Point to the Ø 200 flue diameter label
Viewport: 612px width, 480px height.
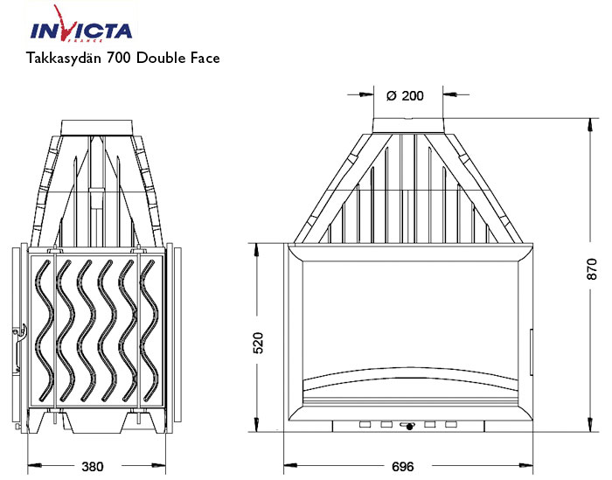click(x=404, y=95)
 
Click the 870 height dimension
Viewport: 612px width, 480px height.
click(x=592, y=270)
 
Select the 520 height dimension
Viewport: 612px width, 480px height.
click(x=257, y=343)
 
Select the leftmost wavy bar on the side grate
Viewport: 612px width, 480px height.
click(x=42, y=332)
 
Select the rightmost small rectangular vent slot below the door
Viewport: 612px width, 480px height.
click(x=451, y=425)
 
